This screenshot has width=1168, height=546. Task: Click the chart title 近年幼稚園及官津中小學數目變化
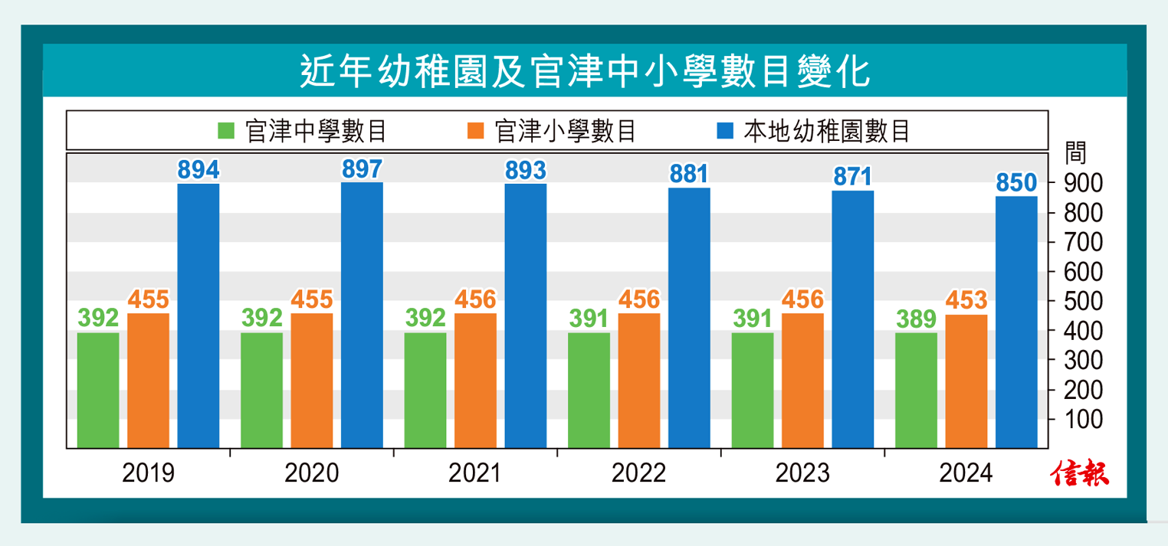584,72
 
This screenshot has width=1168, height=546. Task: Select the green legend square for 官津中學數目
227,131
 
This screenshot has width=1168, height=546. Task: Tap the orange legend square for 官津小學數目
476,131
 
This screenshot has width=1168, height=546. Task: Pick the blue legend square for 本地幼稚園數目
726,131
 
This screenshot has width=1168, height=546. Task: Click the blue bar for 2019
198,316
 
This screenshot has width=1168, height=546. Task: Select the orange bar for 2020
312,381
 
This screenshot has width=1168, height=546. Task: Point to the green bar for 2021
425,390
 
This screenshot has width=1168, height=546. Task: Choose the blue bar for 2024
1016,322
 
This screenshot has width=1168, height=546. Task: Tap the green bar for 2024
916,390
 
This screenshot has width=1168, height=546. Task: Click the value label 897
362,169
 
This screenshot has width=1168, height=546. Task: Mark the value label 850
1016,183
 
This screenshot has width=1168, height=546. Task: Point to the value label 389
916,319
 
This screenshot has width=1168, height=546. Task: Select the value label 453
966,300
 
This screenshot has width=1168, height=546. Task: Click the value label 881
689,174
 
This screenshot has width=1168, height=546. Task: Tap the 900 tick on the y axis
1082,183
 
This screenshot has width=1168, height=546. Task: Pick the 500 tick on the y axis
1082,301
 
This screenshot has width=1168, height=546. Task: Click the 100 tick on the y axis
1082,420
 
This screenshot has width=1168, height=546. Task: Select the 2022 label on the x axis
638,473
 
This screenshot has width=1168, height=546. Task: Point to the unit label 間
1075,152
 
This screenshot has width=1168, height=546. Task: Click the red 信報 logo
1080,473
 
